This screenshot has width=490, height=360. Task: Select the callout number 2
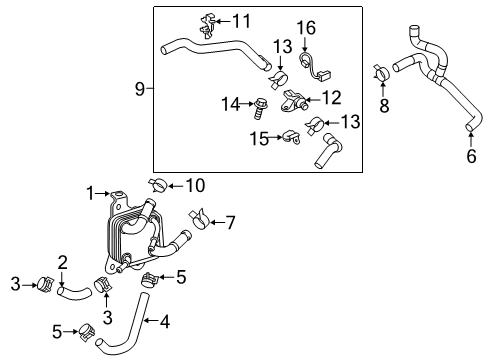pyautogui.click(x=61, y=262)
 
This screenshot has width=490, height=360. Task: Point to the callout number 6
pyautogui.click(x=471, y=156)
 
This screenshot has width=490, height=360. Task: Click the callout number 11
pyautogui.click(x=242, y=20)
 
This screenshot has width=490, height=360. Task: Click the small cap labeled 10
pyautogui.click(x=158, y=184)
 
